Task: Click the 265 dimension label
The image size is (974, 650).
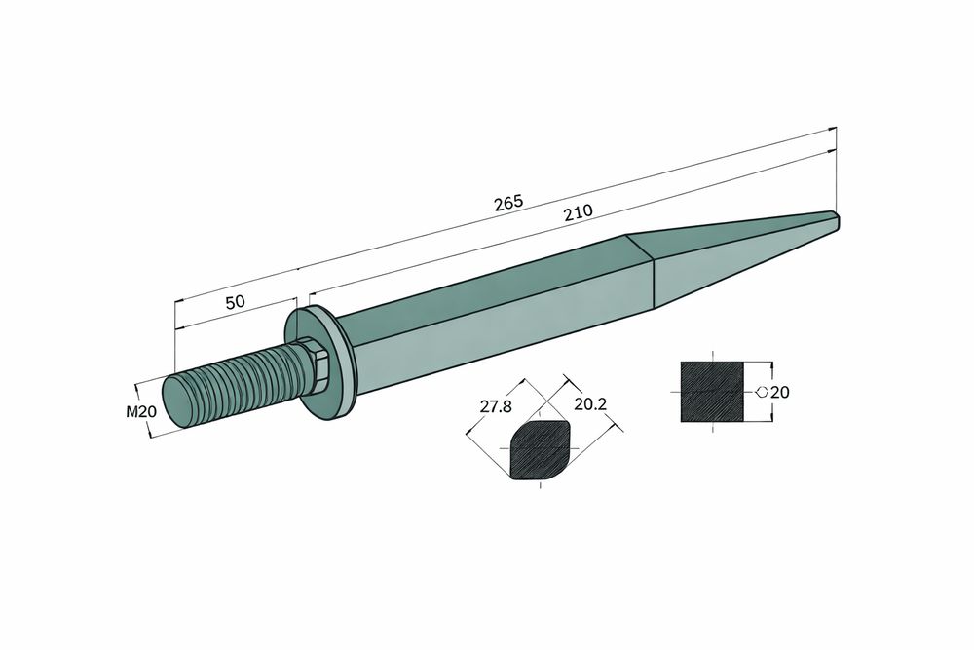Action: pos(508,202)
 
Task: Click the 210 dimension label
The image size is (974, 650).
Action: pos(578,213)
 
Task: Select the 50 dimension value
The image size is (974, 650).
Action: pos(234,302)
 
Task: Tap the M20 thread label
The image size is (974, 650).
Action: pos(141,412)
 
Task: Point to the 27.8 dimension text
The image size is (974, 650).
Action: pos(495,406)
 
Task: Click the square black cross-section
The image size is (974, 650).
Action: pos(711,392)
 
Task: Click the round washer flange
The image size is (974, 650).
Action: pos(327,363)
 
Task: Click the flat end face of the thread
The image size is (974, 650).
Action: pos(178,401)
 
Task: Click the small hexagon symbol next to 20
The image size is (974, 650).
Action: pos(760,392)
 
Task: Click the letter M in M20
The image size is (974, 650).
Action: pos(132,412)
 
